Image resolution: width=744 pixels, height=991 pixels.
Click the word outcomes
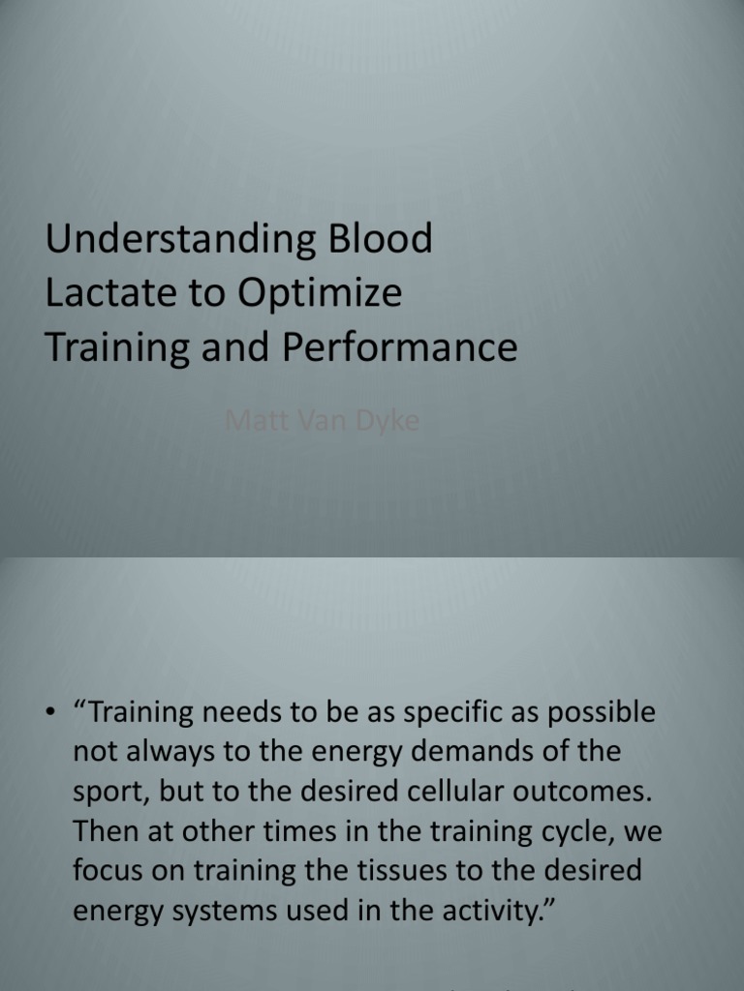click(x=589, y=791)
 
